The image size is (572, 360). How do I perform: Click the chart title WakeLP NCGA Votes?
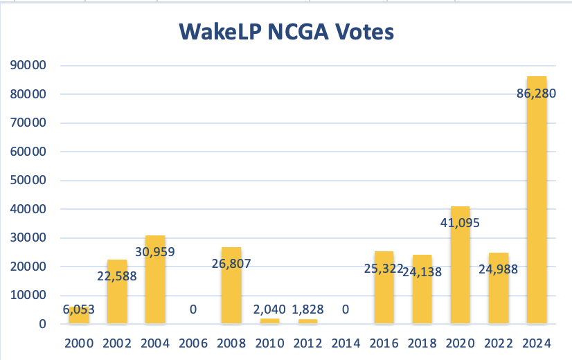tap(286, 32)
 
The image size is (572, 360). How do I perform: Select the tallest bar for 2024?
tap(537, 208)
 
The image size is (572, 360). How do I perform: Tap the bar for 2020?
tap(461, 277)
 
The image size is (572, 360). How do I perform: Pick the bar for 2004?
tap(155, 291)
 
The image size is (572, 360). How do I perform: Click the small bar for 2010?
tap(269, 321)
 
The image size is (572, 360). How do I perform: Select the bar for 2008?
tap(231, 298)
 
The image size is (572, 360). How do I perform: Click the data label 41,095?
tap(461, 223)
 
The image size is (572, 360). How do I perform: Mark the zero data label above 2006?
tap(193, 309)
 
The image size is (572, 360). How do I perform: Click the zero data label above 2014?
tap(346, 309)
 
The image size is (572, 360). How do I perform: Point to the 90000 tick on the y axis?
tap(28, 66)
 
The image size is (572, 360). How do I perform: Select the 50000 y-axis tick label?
tap(28, 181)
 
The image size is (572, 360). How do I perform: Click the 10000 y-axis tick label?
tap(28, 296)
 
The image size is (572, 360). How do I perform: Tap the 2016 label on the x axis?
tap(384, 343)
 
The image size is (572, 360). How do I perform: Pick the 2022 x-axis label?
tap(499, 343)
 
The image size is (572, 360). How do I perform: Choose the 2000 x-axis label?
tap(79, 343)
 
